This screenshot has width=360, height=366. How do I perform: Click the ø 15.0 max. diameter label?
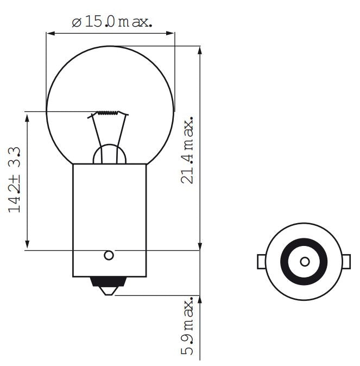pos(112,21)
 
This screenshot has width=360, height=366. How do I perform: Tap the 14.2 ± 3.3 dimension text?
pos(15,180)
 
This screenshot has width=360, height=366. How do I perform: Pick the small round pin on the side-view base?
pos(109,255)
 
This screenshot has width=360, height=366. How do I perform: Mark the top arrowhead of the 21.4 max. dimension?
pos(200,51)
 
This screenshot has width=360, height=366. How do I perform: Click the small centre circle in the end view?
pos(305,262)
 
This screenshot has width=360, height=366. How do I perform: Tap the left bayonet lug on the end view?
pos(261,262)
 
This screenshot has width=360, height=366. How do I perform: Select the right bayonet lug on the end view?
pos(348,262)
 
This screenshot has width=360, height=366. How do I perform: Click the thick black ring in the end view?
pos(305,244)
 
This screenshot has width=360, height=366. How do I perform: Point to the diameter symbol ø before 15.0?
pos(76,22)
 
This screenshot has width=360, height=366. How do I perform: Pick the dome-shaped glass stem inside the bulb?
pos(110,155)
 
